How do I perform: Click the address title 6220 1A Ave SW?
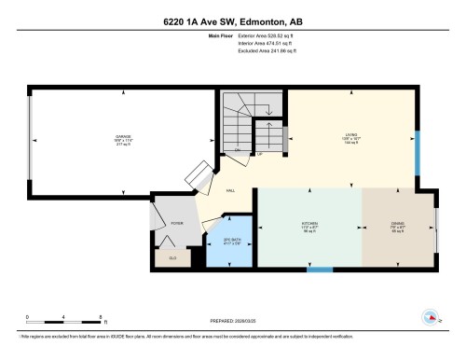coord(232,21)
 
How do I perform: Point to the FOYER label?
coord(175,224)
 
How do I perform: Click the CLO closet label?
coord(171,256)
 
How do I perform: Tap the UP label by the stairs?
coord(259,154)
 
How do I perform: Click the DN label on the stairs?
coord(238,149)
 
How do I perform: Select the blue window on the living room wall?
coord(417,144)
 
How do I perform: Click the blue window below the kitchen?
coord(320,270)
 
